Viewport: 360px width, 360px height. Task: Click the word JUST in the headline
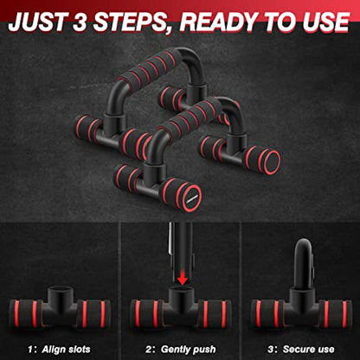tap(40, 18)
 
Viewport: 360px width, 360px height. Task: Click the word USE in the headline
tap(325, 18)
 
